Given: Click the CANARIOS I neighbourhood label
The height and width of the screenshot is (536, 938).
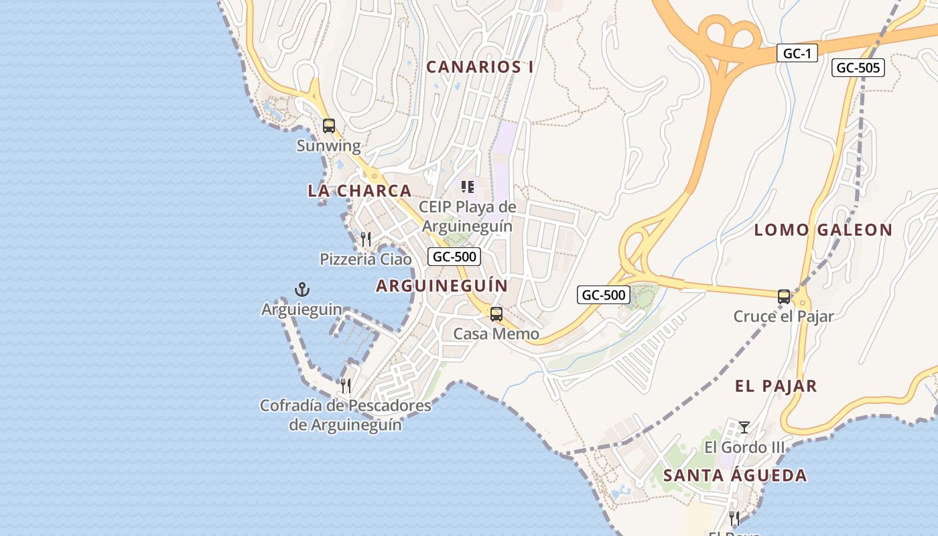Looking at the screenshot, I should (480, 67).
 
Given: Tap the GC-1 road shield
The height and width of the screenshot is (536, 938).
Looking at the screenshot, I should (797, 54).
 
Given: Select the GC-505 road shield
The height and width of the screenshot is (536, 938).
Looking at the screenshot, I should (858, 68).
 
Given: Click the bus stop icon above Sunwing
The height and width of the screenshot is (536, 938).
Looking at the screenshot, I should (328, 125).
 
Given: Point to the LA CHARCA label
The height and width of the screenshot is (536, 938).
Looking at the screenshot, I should (359, 191).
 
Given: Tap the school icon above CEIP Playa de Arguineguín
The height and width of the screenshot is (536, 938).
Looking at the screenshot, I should (467, 187).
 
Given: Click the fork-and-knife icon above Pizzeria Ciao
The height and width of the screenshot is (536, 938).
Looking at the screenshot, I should (366, 239).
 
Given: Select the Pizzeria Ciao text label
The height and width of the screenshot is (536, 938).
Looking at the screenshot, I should (366, 259).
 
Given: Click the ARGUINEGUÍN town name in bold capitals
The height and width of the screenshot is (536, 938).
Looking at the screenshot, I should (442, 286).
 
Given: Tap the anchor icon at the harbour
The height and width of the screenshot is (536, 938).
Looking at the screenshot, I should (302, 289).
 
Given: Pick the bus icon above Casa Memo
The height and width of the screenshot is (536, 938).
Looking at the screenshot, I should (496, 314).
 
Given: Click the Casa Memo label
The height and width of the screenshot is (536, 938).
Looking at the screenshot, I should (496, 334).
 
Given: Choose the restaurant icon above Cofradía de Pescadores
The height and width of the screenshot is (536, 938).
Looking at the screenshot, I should (345, 385).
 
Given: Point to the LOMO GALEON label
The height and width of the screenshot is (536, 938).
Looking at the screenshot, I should (823, 230).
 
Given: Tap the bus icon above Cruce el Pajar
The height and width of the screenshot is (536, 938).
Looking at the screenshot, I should (783, 296).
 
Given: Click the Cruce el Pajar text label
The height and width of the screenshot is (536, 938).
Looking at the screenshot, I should (783, 316).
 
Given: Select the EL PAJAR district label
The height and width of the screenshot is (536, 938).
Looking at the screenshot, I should (776, 386).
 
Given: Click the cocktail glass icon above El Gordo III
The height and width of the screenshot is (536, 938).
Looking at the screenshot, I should (744, 427).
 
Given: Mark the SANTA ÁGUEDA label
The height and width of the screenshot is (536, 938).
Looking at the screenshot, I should (735, 476).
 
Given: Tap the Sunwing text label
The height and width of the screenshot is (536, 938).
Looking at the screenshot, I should (328, 145).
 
